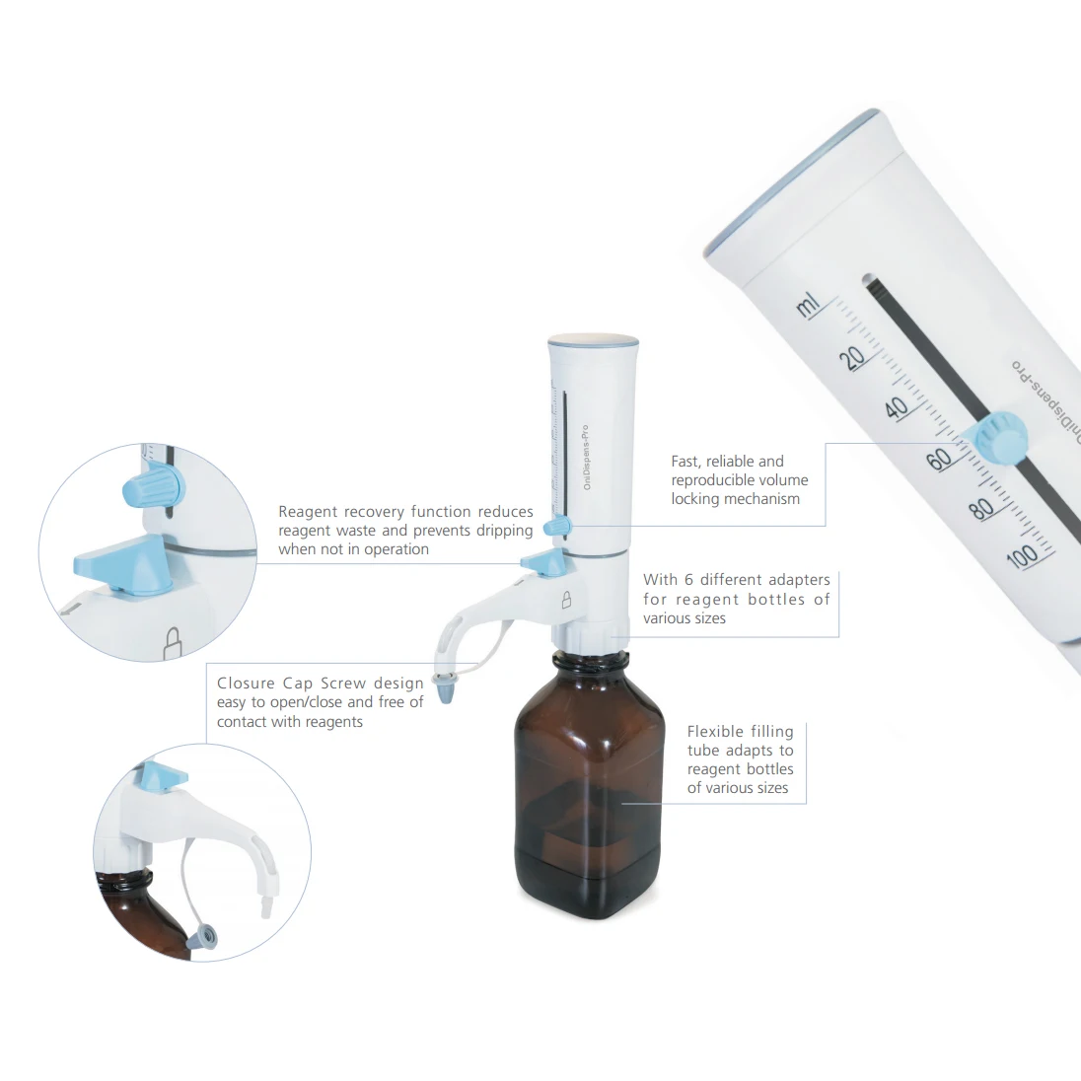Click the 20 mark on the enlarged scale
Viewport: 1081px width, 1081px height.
coord(855,356)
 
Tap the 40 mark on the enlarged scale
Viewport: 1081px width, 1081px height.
coord(897,406)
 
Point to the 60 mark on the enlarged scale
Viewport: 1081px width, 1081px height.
coord(940,458)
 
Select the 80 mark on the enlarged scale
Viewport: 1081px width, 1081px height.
coord(981,509)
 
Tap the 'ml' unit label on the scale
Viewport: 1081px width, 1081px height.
coord(809,307)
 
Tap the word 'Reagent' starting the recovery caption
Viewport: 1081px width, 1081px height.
coord(309,511)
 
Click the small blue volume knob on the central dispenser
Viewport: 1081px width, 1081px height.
coord(558,527)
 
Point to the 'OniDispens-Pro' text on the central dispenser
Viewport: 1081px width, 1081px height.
coord(586,459)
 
